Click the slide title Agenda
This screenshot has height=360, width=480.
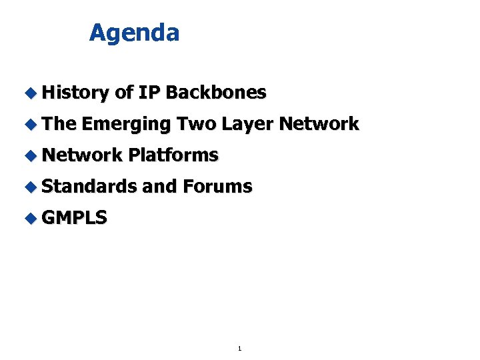[x=134, y=33]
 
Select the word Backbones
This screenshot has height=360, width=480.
[x=215, y=93]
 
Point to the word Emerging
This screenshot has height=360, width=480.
[x=127, y=124]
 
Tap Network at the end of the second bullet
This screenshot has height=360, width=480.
[x=319, y=124]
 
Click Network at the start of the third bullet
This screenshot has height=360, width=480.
[x=82, y=155]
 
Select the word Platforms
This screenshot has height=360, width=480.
[x=174, y=155]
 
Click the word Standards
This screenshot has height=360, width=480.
[x=89, y=187]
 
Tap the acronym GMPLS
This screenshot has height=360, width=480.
[x=74, y=218]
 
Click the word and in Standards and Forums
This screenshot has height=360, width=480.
[x=159, y=187]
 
